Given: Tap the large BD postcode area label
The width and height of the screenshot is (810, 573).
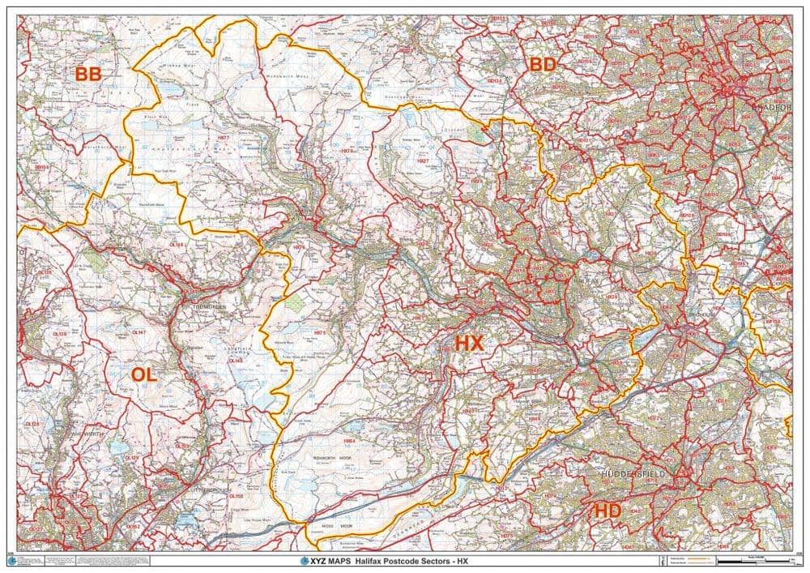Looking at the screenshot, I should (x=543, y=65).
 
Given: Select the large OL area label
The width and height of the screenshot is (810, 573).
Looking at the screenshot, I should (x=143, y=374).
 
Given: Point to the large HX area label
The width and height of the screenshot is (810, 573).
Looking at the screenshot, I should (x=469, y=344).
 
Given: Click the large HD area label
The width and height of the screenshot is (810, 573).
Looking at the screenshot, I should (x=607, y=511).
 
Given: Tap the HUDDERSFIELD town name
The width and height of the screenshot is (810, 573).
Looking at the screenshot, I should (x=633, y=473).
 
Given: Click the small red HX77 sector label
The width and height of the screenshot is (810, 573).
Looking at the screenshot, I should (x=224, y=139).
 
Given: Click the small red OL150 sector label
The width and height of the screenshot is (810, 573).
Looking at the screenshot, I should (x=237, y=496).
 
